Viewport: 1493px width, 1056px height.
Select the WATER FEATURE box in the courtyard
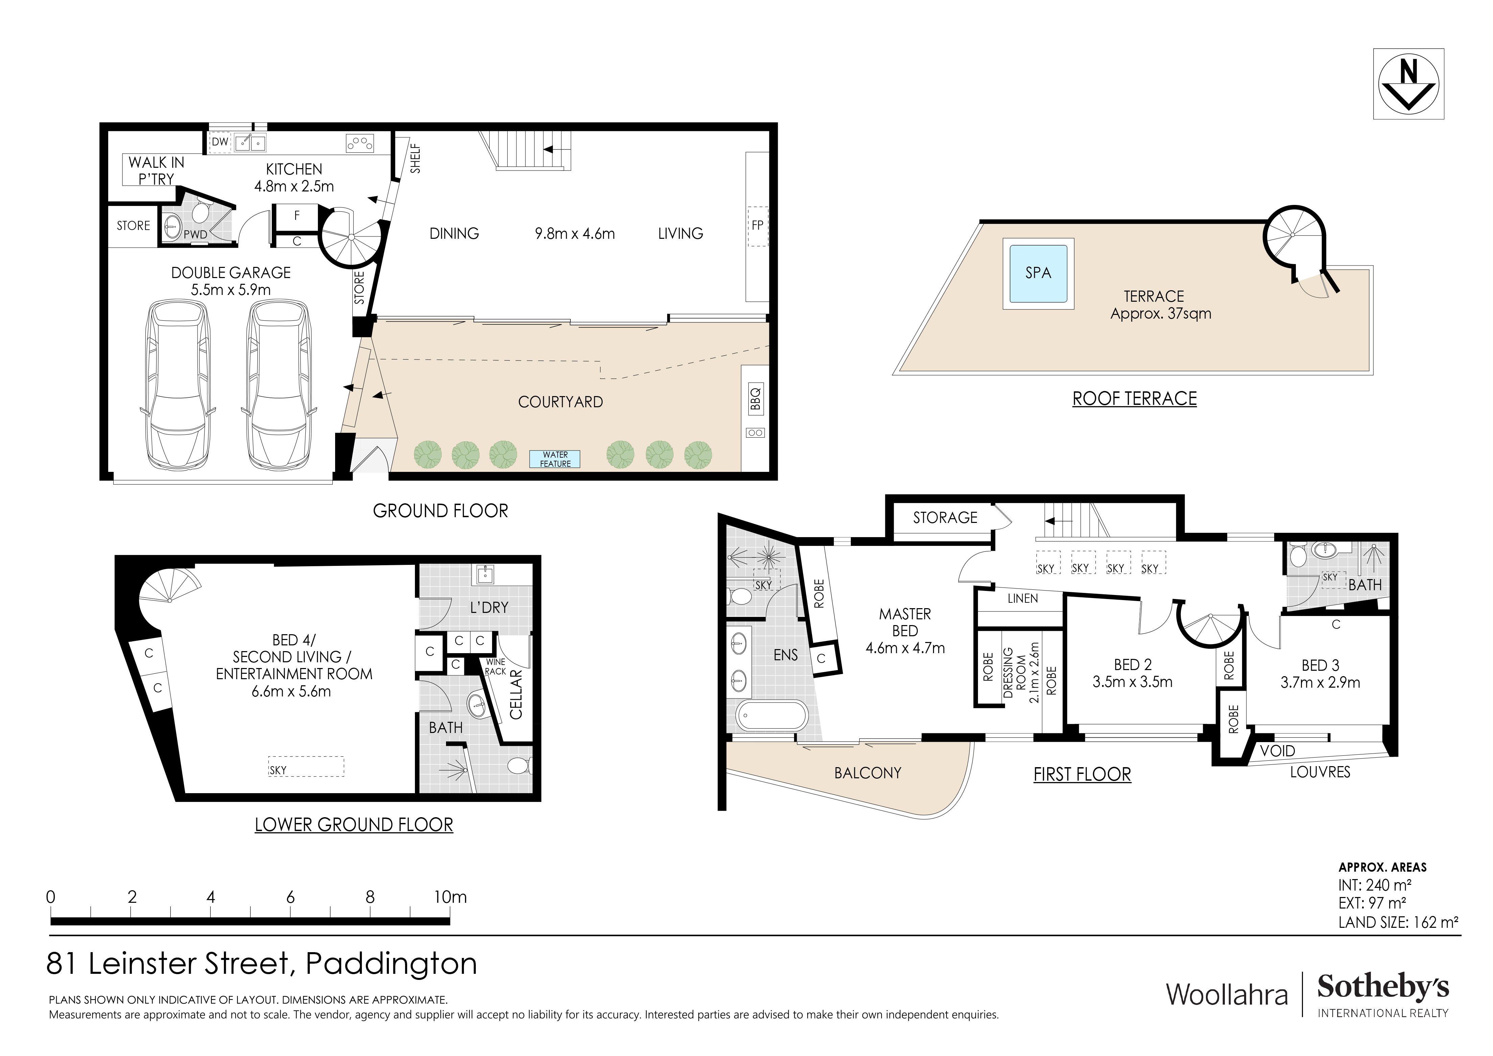pyautogui.click(x=555, y=459)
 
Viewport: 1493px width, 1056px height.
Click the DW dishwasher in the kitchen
pyautogui.click(x=220, y=142)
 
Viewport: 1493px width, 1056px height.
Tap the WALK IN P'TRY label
pyautogui.click(x=156, y=170)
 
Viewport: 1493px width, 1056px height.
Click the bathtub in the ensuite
pyautogui.click(x=771, y=716)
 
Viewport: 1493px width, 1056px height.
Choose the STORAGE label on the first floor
pyautogui.click(x=945, y=518)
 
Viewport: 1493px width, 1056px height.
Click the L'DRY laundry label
pyautogui.click(x=489, y=607)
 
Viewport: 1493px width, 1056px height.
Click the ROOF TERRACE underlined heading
pyautogui.click(x=1135, y=398)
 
